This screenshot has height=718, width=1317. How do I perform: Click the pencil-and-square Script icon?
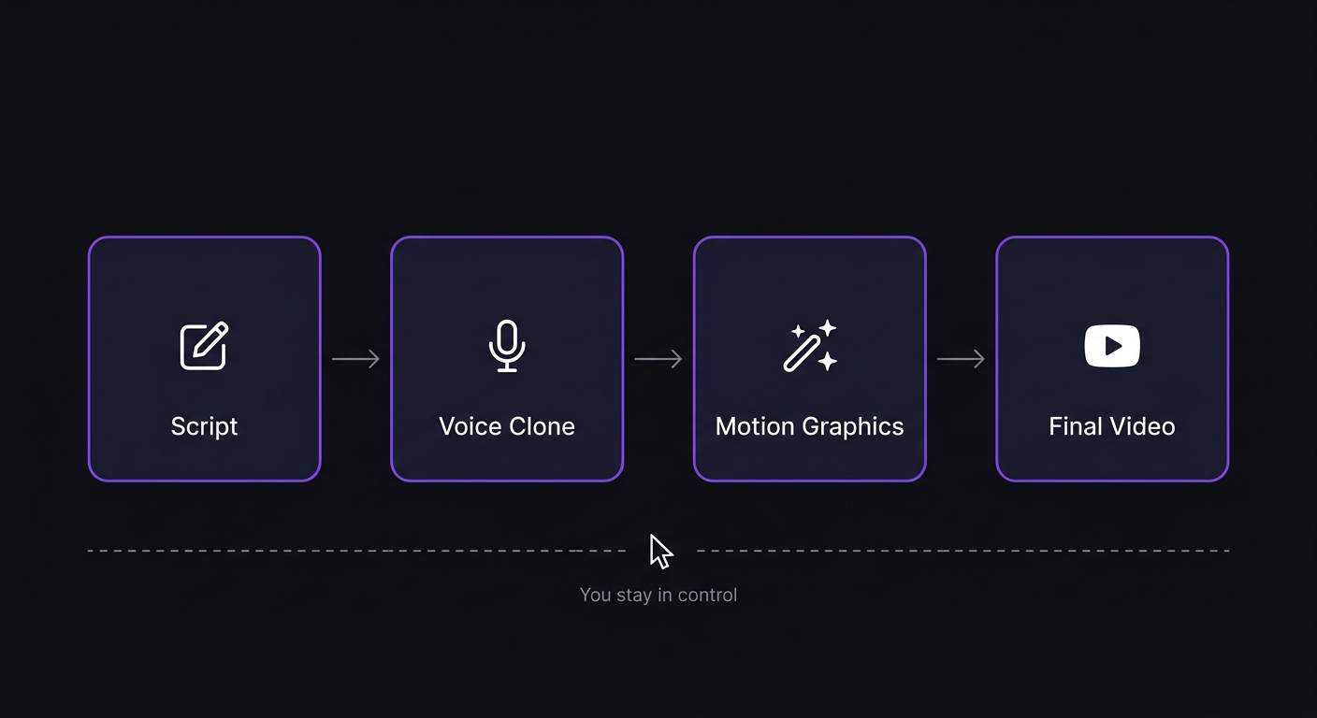204,346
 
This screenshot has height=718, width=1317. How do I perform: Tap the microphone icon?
507,346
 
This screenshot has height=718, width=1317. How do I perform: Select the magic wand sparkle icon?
810,346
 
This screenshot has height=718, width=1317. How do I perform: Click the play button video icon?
1112,346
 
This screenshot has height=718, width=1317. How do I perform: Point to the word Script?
204,426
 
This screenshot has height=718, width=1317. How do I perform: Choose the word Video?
1143,426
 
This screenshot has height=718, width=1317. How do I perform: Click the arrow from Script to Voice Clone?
355,359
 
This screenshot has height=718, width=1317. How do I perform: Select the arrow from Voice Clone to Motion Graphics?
658,359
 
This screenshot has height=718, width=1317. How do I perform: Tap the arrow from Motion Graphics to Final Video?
961,359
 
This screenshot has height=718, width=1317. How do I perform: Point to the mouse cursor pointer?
660,551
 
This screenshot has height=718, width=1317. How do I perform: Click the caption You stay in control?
658,595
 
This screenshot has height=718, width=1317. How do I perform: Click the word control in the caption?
708,595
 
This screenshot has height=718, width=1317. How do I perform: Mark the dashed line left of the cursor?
355,551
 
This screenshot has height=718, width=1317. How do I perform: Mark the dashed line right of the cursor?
963,551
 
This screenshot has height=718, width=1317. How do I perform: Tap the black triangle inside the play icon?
1113,346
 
